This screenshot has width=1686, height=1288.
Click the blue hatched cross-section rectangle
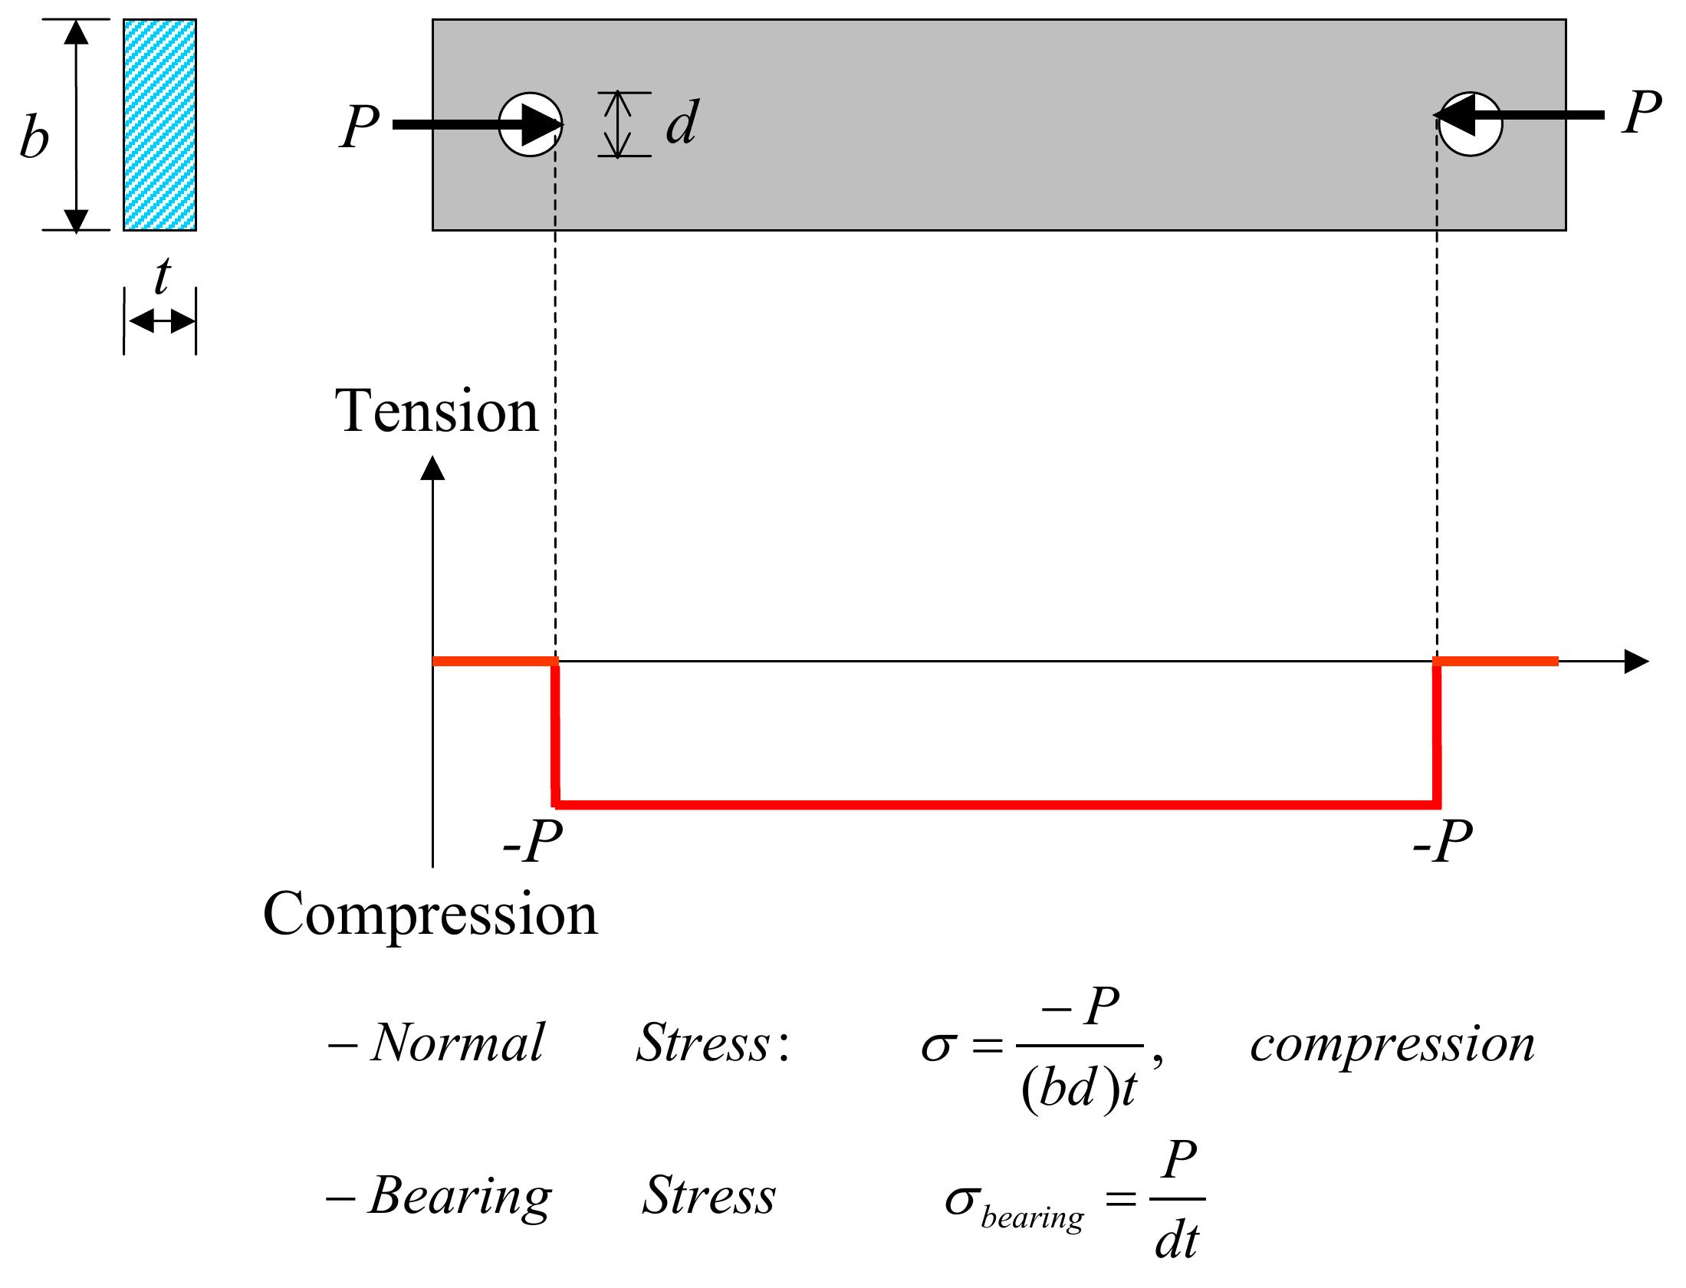tap(159, 125)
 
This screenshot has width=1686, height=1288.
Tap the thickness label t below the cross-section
tap(161, 278)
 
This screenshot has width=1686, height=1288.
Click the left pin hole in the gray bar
tap(530, 125)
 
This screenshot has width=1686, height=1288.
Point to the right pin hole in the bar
tap(1470, 125)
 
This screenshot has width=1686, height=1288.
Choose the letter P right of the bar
tap(1641, 113)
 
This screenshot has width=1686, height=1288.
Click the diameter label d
tap(681, 123)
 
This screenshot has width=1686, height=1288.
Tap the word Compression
tap(430, 914)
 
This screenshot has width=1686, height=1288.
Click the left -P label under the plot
tap(533, 844)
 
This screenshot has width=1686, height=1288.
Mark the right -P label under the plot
tap(1442, 844)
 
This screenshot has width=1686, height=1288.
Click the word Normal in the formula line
tap(457, 1043)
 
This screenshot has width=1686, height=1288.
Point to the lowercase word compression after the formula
tap(1392, 1044)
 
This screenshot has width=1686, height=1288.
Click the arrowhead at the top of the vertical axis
tap(433, 468)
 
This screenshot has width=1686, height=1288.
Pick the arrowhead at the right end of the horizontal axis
tap(1636, 661)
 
